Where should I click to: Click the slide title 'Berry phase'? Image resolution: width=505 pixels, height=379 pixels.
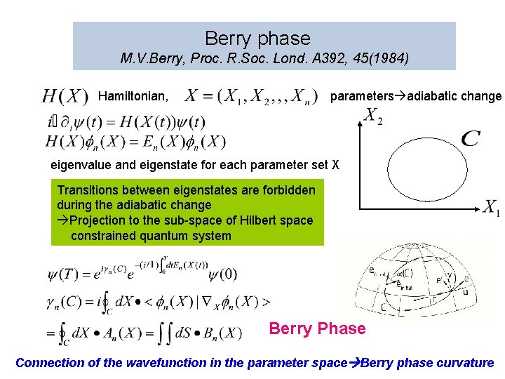(257, 38)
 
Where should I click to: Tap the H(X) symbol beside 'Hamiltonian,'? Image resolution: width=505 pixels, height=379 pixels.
(65, 95)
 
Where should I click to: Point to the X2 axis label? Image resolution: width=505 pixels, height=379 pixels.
(373, 115)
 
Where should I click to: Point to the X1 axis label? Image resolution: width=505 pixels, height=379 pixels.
(491, 208)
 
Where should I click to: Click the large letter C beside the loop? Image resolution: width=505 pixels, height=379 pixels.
(471, 138)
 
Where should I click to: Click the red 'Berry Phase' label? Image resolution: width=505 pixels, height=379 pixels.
(317, 328)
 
